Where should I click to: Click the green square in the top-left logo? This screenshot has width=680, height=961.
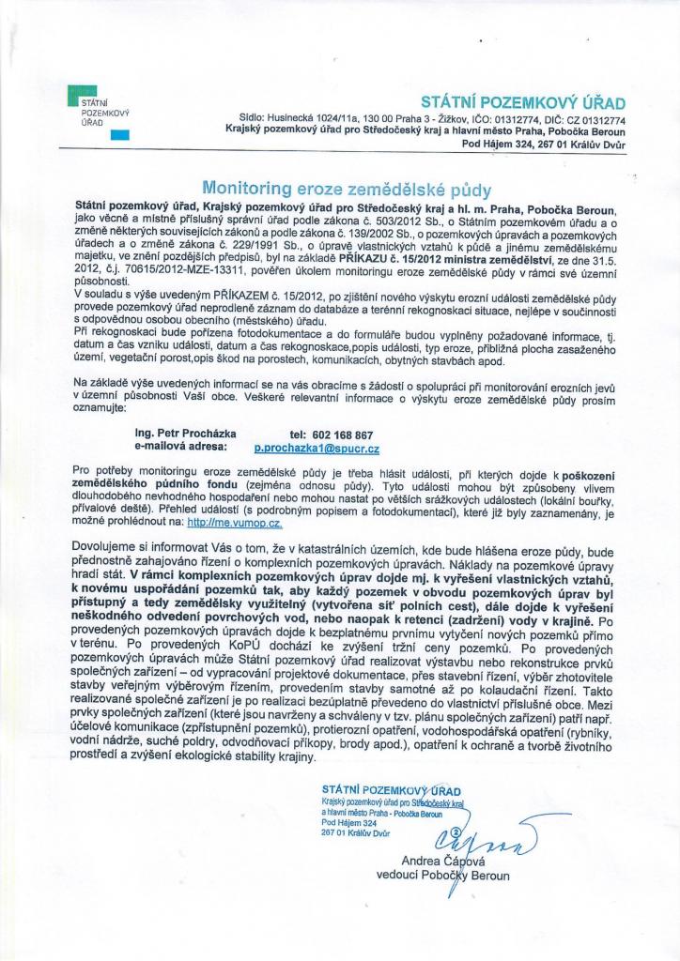(x=74, y=91)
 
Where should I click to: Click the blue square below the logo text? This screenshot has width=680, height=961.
(x=118, y=135)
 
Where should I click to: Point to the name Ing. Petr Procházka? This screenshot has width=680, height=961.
(x=186, y=435)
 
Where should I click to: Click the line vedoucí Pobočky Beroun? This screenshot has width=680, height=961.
(x=442, y=876)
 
